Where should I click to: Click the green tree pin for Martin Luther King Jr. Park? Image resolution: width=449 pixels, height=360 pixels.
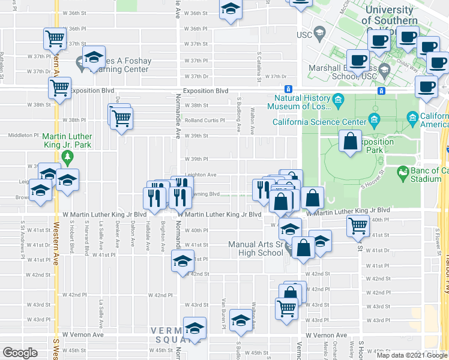point(67,158)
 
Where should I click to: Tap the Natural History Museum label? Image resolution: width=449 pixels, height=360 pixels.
point(303,103)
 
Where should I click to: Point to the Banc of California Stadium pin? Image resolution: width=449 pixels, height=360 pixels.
point(403,173)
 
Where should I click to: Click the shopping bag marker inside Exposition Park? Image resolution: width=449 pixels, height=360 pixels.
point(350,142)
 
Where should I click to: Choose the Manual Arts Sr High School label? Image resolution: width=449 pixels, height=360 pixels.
point(256,248)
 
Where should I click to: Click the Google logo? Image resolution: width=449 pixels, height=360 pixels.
point(20,353)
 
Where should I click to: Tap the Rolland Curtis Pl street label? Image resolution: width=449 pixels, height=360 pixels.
point(205,120)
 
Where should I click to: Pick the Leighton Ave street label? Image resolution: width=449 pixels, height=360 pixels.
point(200,175)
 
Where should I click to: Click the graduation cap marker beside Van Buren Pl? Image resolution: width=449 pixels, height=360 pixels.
point(241,320)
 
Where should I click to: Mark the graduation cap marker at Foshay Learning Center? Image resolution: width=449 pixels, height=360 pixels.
point(94,58)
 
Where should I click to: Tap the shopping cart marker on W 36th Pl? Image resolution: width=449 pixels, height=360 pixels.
point(55,40)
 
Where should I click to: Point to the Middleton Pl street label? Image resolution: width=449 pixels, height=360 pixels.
point(23,136)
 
